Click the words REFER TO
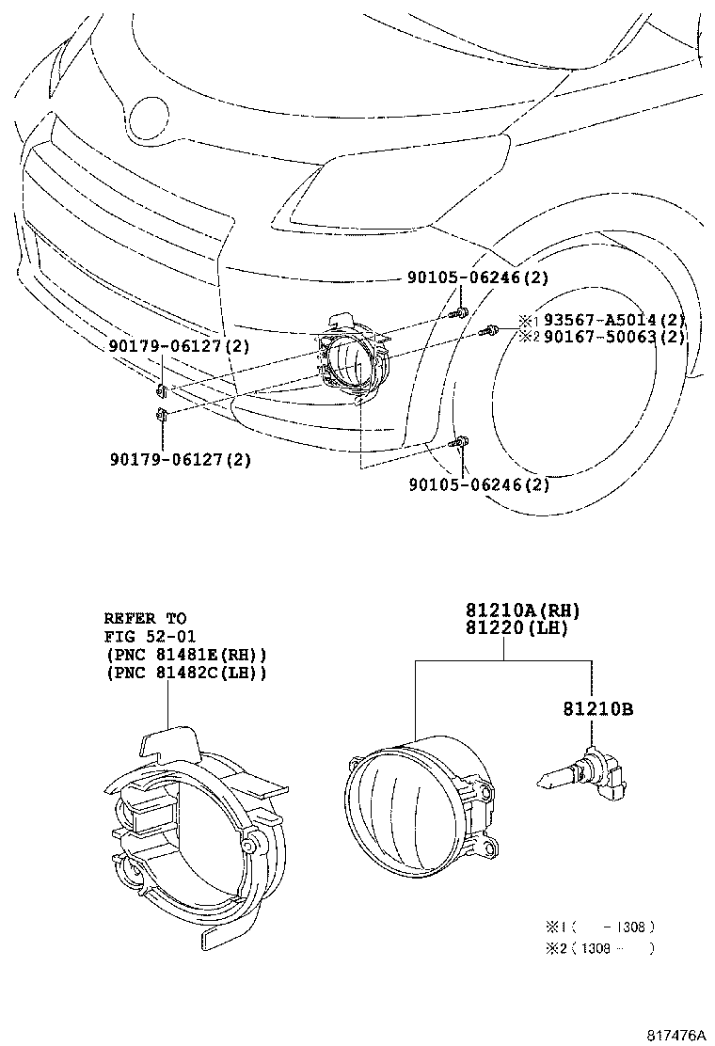[145, 619]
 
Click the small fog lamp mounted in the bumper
[351, 362]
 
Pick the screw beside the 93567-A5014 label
[489, 329]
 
